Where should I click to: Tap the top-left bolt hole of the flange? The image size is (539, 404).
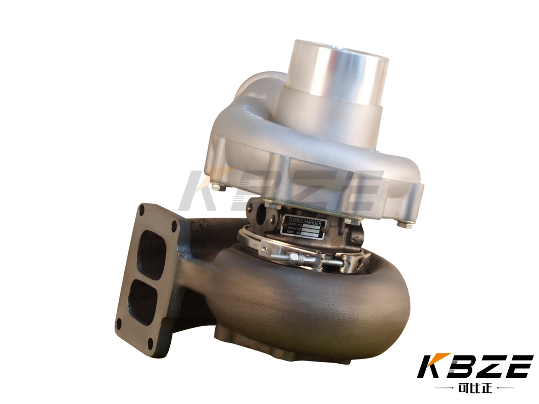144,211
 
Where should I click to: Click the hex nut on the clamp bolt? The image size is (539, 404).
292,259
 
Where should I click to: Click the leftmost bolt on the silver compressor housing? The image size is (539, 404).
216,187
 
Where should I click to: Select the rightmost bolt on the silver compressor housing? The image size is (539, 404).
407,224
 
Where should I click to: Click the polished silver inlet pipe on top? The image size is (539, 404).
338,71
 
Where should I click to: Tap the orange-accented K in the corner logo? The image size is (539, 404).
431,367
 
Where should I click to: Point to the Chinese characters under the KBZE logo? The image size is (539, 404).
474,388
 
